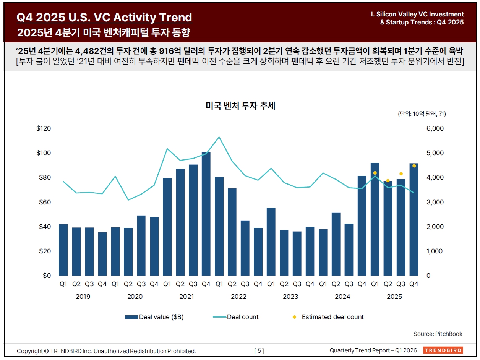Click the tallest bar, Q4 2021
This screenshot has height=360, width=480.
[x=206, y=214]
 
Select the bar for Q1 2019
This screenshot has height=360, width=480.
[x=63, y=250]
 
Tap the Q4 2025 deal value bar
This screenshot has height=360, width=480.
[x=414, y=220]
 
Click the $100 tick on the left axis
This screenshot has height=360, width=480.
[x=44, y=153]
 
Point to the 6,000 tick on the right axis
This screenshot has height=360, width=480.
[x=435, y=129]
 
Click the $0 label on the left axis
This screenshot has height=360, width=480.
[x=47, y=276]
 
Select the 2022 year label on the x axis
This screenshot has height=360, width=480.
[x=238, y=297]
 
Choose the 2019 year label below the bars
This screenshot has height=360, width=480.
[x=83, y=297]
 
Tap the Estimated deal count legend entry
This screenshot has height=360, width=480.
[x=332, y=317]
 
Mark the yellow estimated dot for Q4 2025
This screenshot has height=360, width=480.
[x=414, y=166]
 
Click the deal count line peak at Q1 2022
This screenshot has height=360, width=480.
[x=219, y=137]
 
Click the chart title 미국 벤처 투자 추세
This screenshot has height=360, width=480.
[x=240, y=106]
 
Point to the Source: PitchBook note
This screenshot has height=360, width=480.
[x=438, y=334]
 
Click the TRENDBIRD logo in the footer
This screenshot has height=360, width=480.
[x=443, y=350]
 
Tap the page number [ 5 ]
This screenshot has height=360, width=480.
[x=259, y=351]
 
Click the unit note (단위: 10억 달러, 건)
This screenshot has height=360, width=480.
[x=422, y=114]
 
